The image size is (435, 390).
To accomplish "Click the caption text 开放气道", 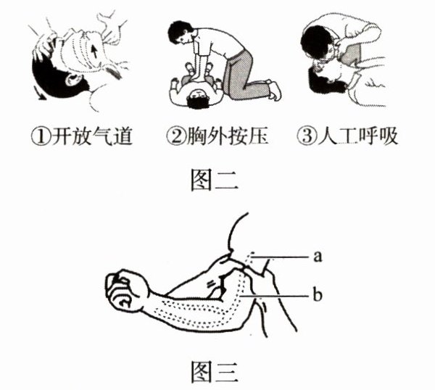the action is click(x=92, y=136).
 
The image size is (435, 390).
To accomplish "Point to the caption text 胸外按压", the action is click(x=228, y=136).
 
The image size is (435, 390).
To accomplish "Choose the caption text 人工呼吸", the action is click(x=357, y=136).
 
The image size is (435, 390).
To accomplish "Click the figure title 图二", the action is click(x=215, y=181).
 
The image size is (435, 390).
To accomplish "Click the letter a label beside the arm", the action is click(x=318, y=257).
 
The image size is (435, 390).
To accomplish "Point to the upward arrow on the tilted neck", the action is click(x=94, y=52).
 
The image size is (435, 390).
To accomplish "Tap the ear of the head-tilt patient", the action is click(x=71, y=78).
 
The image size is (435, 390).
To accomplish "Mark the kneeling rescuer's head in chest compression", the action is click(x=180, y=32).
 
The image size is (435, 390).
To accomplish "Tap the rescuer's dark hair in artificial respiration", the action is click(x=317, y=41).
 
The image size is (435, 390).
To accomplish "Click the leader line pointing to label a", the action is click(x=280, y=257).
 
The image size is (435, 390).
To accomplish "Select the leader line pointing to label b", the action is click(x=274, y=296).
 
